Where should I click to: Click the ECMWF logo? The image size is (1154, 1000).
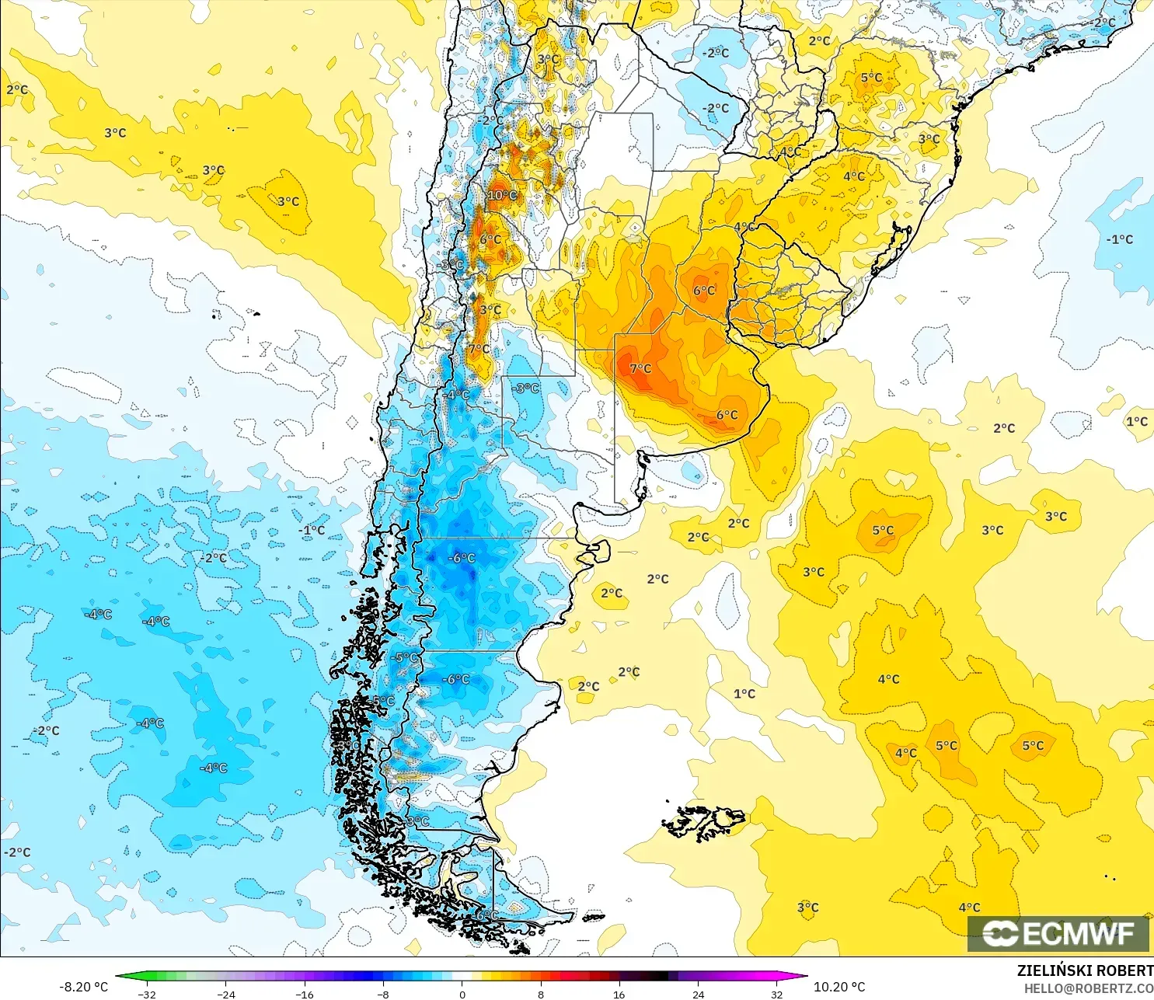1058,933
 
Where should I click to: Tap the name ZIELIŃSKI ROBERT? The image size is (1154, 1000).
1085,971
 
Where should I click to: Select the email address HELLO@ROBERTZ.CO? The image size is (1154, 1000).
1088,988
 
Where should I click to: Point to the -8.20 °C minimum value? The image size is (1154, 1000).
84,987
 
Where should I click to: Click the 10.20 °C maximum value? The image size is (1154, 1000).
839,987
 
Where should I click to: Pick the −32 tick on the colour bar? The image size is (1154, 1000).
147,994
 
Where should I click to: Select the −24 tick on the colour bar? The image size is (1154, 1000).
225,994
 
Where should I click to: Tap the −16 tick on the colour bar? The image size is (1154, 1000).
305,994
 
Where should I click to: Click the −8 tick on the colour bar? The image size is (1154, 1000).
383,994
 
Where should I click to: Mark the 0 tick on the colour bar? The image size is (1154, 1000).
462,994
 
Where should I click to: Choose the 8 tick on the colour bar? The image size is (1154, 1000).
541,994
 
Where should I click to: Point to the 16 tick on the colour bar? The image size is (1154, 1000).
619,994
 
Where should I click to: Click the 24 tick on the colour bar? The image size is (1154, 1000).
699,994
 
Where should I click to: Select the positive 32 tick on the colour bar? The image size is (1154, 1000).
777,994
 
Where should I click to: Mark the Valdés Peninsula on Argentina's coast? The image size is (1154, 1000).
595,552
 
